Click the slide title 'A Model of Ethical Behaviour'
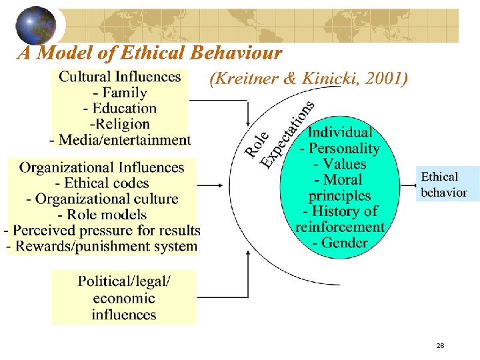(149, 53)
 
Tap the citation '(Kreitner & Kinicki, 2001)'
(308, 79)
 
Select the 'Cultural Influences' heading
(120, 77)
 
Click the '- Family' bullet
(120, 93)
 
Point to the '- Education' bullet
(120, 108)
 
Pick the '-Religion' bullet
(120, 123)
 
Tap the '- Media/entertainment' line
(120, 139)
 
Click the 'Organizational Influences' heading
(101, 167)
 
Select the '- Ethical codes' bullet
(101, 183)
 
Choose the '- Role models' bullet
(101, 215)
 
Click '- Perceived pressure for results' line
(101, 231)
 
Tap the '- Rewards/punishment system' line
(101, 246)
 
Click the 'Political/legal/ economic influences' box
(124, 298)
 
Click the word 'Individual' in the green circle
(340, 132)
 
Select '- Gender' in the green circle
(340, 242)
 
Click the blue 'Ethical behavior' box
(444, 185)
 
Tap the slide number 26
(440, 345)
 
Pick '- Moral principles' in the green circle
(340, 187)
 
